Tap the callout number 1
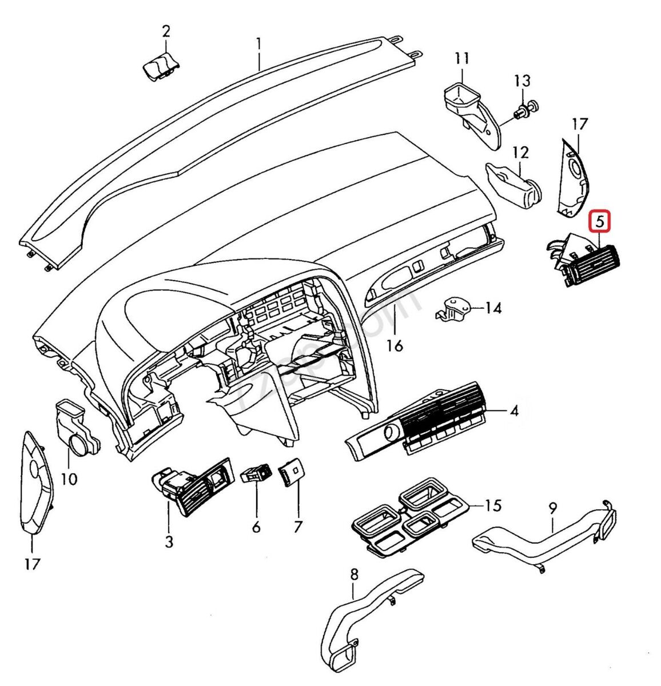(258, 43)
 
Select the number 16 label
(395, 345)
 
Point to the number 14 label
(493, 309)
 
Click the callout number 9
(552, 508)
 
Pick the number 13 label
(522, 81)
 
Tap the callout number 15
(493, 505)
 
